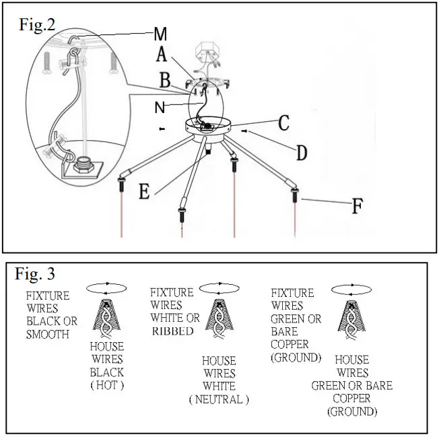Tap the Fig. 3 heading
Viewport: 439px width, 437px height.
35,275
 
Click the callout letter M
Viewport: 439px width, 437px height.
160,33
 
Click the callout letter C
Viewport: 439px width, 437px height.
283,123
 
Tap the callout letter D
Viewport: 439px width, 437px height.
301,152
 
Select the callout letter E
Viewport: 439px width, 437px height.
144,191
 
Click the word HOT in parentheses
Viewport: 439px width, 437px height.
106,385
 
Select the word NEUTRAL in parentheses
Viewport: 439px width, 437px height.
219,399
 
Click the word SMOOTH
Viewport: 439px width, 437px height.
47,333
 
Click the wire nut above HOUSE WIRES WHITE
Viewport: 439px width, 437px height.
217,316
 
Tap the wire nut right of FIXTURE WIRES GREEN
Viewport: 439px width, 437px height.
350,316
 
